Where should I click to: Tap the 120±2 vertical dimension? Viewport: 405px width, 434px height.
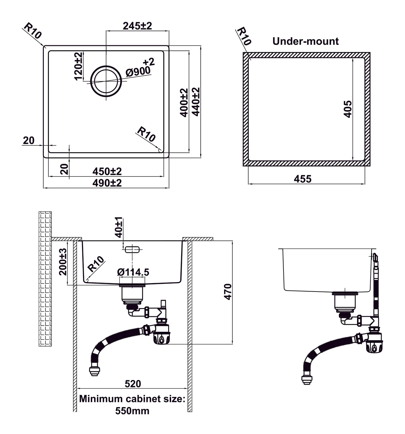[x=78, y=66]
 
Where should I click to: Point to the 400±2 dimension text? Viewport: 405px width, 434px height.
[x=184, y=103]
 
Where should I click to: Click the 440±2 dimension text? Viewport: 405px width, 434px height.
[x=196, y=102]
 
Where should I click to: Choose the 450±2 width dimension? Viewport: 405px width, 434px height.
[x=107, y=171]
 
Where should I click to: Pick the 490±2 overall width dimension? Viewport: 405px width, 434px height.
[x=107, y=183]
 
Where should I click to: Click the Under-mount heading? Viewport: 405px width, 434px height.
[x=305, y=41]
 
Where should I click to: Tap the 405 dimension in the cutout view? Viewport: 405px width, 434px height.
[x=348, y=109]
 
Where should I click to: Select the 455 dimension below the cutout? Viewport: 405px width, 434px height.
[x=302, y=179]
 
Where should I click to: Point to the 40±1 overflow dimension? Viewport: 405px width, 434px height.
[x=119, y=228]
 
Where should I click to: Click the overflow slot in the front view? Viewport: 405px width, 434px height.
[x=132, y=250]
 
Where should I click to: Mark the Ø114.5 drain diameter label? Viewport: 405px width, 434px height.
[x=133, y=272]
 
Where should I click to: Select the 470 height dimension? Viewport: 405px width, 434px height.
[x=228, y=292]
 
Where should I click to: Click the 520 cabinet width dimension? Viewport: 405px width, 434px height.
[x=133, y=384]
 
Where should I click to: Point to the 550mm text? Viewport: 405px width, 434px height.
[x=132, y=411]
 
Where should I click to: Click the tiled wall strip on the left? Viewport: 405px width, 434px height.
[x=45, y=278]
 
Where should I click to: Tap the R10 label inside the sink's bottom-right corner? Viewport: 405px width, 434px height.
[x=146, y=134]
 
